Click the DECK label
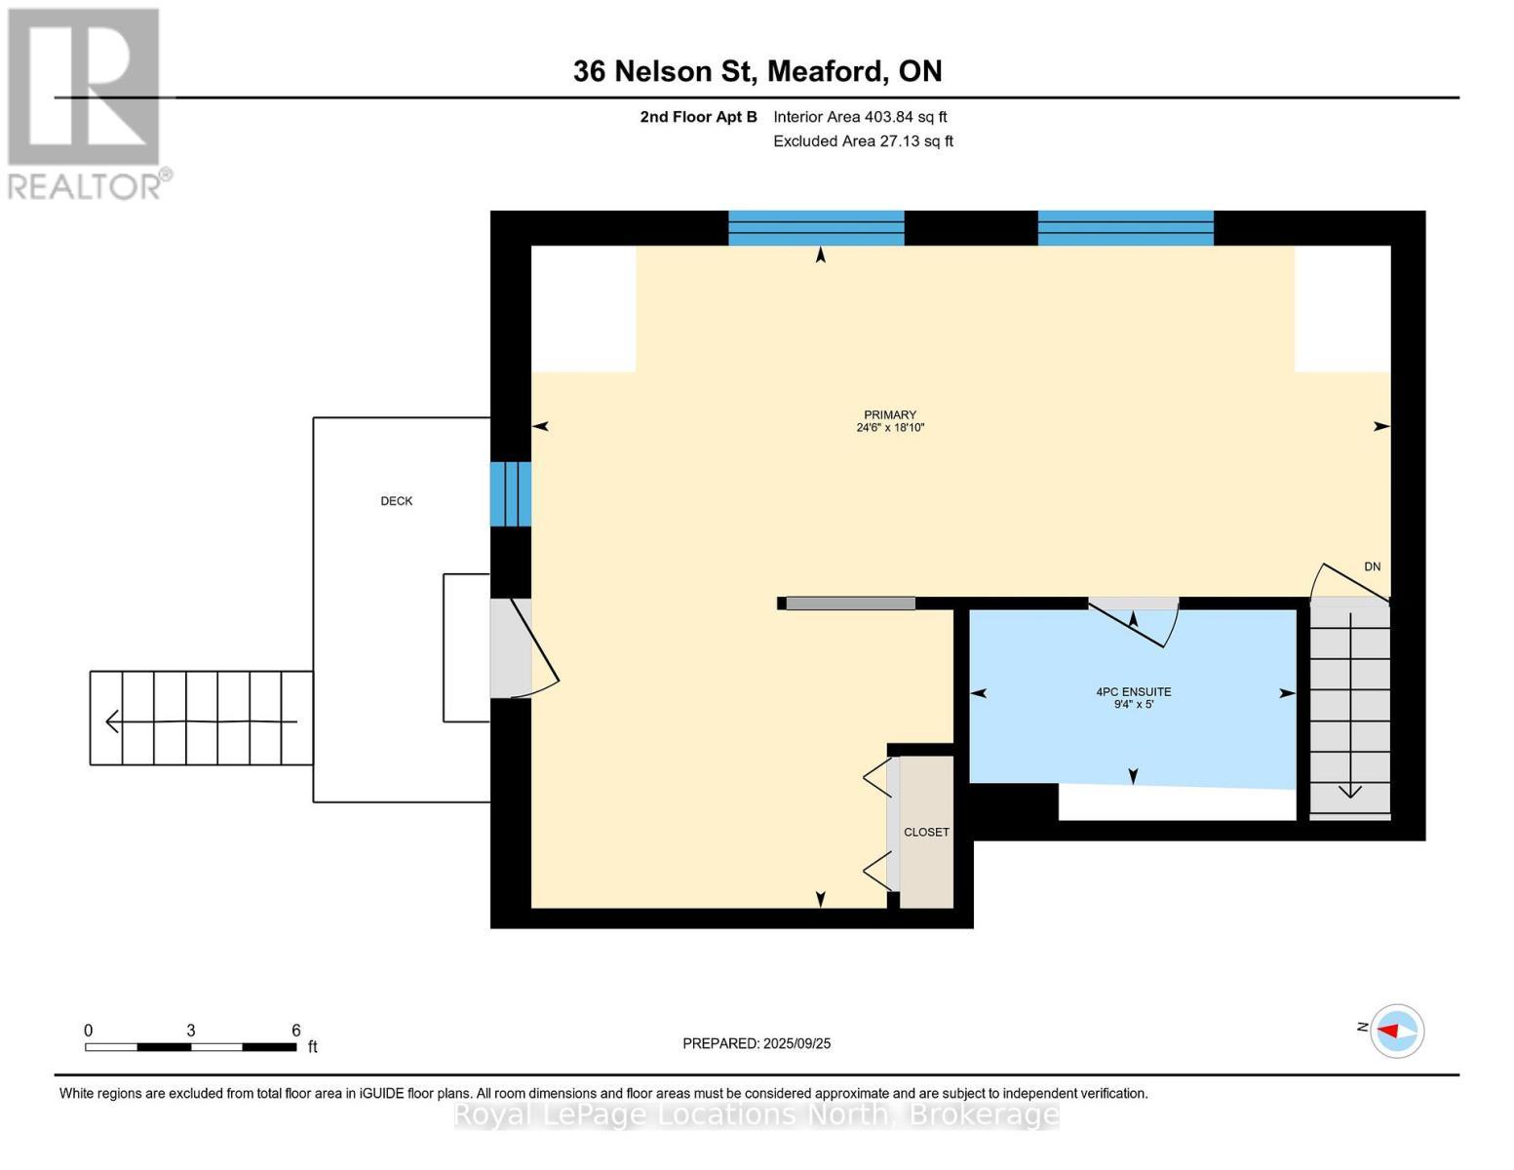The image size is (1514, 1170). pyautogui.click(x=396, y=500)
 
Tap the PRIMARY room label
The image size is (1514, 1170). pyautogui.click(x=890, y=414)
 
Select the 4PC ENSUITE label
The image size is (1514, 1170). pyautogui.click(x=1133, y=692)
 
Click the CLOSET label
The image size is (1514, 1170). pyautogui.click(x=926, y=832)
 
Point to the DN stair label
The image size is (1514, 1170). pyautogui.click(x=1372, y=566)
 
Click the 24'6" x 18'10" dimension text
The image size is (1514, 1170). pyautogui.click(x=890, y=427)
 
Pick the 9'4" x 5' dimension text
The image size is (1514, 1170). pyautogui.click(x=1134, y=705)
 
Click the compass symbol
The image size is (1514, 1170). pyautogui.click(x=1396, y=1031)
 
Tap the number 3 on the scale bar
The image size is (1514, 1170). pyautogui.click(x=190, y=1030)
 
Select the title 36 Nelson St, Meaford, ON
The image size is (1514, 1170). pyautogui.click(x=757, y=71)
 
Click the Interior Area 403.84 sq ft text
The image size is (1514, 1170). pyautogui.click(x=860, y=117)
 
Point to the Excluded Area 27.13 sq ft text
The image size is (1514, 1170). pyautogui.click(x=863, y=140)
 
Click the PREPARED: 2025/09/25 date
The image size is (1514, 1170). pyautogui.click(x=756, y=1043)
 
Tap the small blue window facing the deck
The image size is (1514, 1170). pyautogui.click(x=511, y=493)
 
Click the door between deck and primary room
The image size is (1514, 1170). pyautogui.click(x=524, y=647)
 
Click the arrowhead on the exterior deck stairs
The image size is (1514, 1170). pyautogui.click(x=111, y=721)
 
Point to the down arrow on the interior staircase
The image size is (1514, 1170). pyautogui.click(x=1349, y=792)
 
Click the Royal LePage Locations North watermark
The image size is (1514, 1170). pyautogui.click(x=756, y=1114)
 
